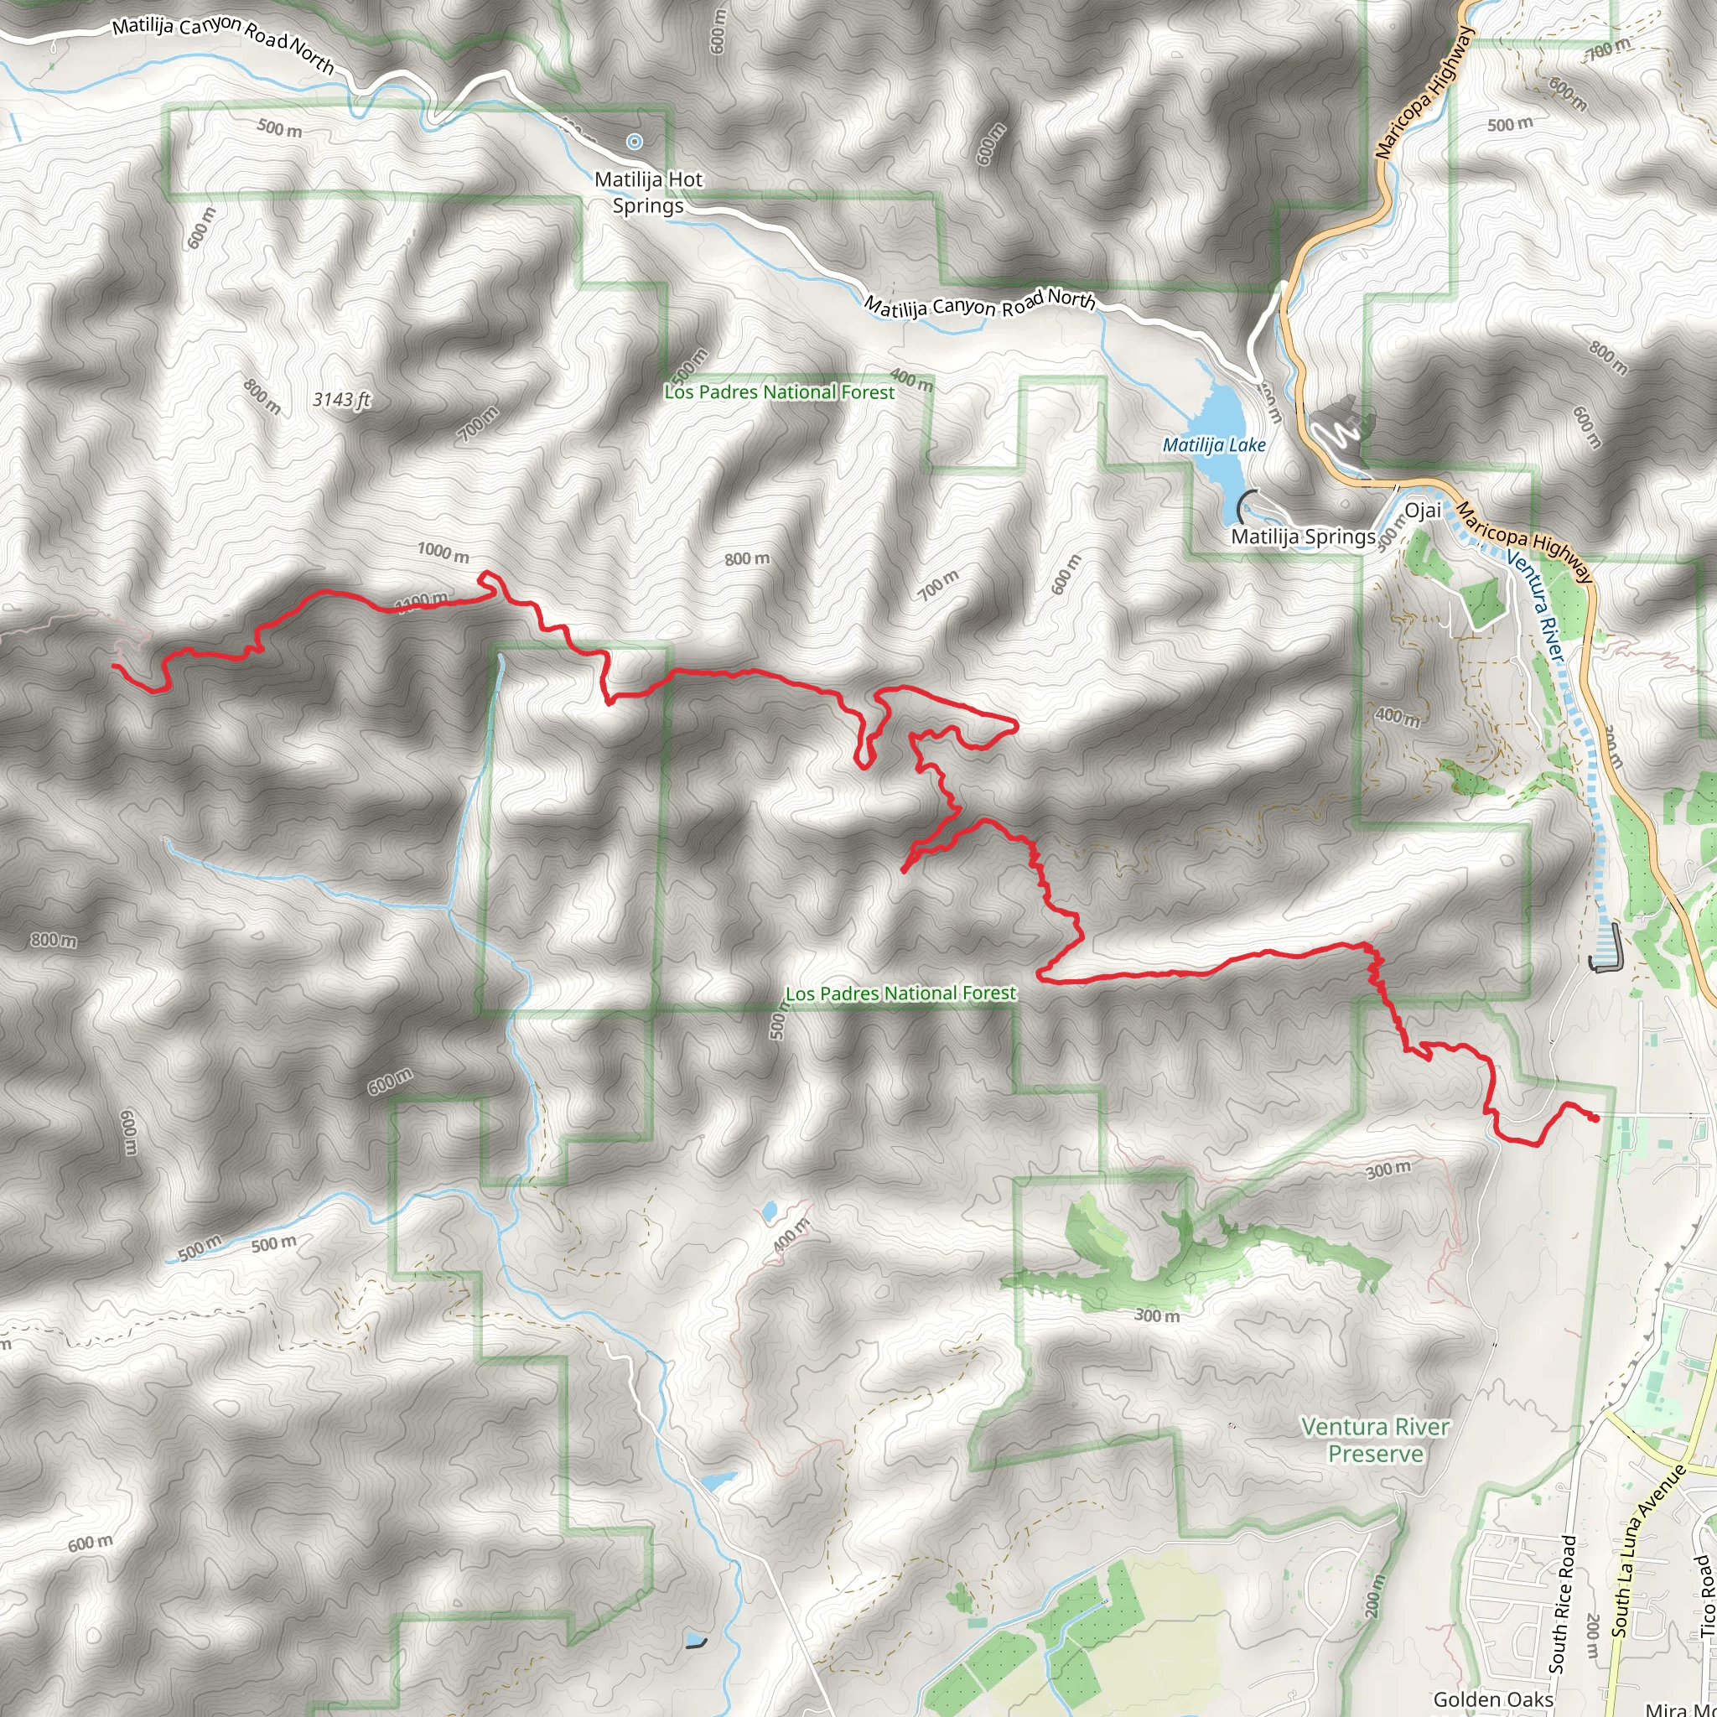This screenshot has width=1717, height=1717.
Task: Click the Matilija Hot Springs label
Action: point(648,192)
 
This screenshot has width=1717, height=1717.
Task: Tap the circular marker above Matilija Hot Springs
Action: point(634,142)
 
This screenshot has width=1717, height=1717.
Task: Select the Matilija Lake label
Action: point(1214,444)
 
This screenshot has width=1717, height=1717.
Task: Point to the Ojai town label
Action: point(1423,510)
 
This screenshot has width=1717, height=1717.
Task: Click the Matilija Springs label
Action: point(1303,537)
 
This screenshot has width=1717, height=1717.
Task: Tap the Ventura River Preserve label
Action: point(1375,1439)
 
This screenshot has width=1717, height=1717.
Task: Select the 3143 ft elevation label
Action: point(341,400)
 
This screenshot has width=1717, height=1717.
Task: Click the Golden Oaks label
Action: point(1493,1699)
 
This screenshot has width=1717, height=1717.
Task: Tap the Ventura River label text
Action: point(1536,605)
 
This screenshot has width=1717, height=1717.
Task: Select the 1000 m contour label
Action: point(443,552)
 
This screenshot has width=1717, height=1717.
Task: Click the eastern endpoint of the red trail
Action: point(1597,1119)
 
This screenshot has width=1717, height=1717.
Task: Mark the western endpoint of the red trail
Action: point(114,665)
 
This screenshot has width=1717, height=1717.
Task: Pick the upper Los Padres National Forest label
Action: point(780,392)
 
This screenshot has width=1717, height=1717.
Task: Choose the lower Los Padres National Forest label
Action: point(900,993)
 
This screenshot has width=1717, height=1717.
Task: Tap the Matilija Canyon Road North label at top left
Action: point(222,43)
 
